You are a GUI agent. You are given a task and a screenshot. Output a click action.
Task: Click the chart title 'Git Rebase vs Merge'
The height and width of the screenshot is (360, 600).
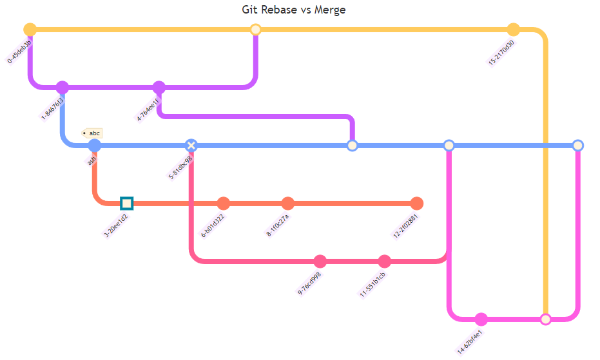point(294,10)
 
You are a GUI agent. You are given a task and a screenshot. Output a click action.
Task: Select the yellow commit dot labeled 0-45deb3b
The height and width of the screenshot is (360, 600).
point(30,30)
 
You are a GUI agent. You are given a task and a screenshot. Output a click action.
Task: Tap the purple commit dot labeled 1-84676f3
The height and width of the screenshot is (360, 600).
point(62,88)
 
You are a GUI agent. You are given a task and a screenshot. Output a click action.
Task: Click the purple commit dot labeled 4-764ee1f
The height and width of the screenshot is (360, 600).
point(159,88)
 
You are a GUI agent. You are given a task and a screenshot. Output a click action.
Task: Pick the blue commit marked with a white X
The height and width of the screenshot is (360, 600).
point(191,146)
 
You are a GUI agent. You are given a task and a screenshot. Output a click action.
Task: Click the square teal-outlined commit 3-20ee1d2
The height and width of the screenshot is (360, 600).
point(126,204)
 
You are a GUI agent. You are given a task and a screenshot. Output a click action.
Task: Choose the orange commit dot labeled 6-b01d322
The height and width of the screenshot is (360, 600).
point(224,204)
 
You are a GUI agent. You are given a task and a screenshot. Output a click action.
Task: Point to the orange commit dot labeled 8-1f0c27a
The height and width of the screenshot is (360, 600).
point(288,204)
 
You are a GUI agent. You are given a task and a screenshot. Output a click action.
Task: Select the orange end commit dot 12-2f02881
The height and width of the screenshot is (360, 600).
point(417,204)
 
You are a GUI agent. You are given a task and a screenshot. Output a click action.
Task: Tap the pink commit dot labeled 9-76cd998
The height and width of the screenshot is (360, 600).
point(320,261)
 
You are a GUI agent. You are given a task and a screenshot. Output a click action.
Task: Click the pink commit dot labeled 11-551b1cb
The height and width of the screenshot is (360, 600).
point(385,261)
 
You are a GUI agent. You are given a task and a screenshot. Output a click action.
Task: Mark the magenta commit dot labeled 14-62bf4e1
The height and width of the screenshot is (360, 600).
point(481,319)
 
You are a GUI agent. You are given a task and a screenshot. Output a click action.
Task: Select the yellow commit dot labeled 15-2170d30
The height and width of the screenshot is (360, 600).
point(513,30)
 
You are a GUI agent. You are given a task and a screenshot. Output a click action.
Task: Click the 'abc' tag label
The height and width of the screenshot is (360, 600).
point(92,133)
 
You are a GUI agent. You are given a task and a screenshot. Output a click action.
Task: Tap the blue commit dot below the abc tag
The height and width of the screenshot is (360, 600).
point(94,146)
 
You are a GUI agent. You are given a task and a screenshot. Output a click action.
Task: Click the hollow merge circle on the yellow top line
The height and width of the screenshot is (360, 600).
point(255,30)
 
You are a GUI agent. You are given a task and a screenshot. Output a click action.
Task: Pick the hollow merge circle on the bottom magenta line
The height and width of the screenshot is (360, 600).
point(546,319)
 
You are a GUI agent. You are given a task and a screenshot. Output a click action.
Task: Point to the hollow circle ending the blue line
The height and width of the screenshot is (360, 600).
point(578,146)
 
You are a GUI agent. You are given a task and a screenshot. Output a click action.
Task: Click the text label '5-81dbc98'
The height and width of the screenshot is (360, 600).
point(180,167)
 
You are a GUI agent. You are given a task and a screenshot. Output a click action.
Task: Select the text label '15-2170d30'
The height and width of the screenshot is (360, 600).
point(502,52)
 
